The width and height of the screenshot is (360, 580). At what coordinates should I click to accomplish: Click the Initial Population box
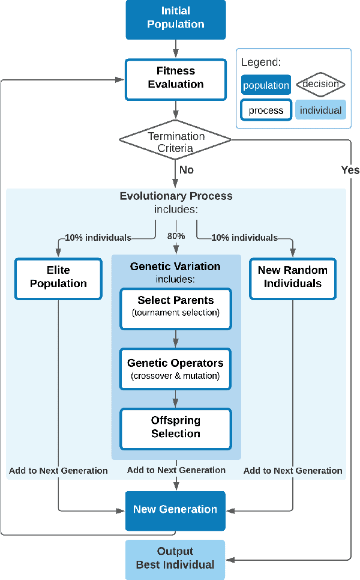pos(175,18)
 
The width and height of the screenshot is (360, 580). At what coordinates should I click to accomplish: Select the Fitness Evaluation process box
pos(175,78)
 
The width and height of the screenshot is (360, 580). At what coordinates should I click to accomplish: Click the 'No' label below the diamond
pos(186,170)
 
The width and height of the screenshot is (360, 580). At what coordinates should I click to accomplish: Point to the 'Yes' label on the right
pos(350,170)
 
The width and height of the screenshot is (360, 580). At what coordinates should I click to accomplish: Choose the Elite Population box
pos(58,279)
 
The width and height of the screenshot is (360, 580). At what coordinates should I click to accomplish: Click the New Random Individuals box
pos(293,279)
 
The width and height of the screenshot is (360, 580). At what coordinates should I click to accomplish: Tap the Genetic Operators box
pos(175,369)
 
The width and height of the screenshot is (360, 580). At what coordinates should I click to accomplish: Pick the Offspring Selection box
pos(175,428)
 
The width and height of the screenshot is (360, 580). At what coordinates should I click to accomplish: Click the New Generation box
pos(175,510)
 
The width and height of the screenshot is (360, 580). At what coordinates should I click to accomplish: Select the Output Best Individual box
pos(175,558)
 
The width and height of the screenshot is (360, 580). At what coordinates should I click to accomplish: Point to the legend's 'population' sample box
pos(266,85)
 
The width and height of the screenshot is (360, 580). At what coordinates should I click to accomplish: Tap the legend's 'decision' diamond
pos(320,84)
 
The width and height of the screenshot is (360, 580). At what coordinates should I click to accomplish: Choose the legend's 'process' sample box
pos(266,110)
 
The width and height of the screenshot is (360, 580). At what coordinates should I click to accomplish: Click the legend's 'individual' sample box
pos(320,110)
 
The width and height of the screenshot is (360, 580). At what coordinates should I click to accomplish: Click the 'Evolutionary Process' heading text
pos(176,196)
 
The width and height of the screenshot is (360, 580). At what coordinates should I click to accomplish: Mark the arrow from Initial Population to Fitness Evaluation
pos(175,49)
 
